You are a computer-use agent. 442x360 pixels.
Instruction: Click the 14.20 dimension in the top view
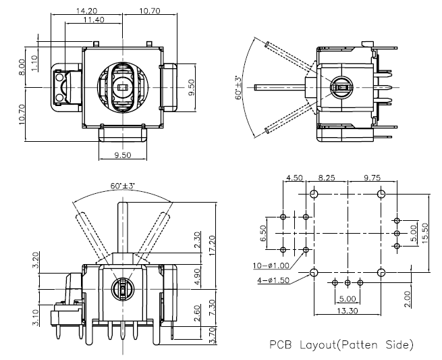(x=87, y=11)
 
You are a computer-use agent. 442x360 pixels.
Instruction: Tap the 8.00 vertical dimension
(x=22, y=66)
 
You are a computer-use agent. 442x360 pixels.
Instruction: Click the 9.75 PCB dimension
(x=371, y=178)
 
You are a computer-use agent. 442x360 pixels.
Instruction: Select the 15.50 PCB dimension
(x=425, y=232)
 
